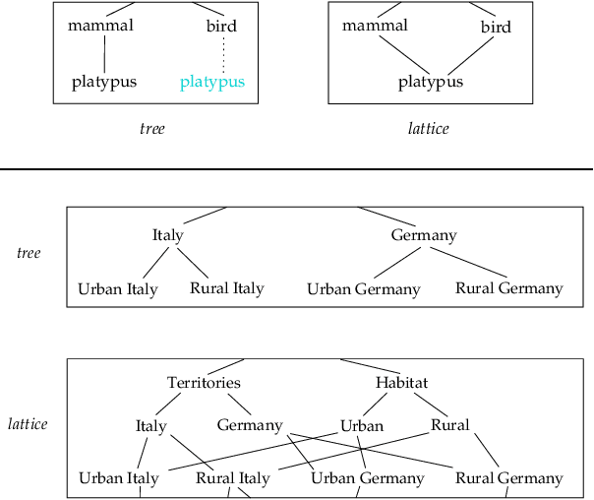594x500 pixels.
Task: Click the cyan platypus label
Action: coord(211,83)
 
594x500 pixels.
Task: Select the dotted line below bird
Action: coord(223,54)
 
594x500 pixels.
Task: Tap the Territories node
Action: coord(204,383)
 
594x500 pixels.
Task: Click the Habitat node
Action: coord(401,383)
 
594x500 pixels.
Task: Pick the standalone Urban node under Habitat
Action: coord(361,426)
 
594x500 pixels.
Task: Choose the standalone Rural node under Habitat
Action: coord(450,425)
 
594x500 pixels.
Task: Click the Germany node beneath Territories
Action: coord(250,425)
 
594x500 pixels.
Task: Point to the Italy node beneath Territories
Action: coord(150,426)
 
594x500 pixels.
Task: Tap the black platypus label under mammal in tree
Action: coord(103,83)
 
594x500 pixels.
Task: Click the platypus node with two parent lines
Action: coord(430,83)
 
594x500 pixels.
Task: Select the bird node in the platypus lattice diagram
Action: coord(496,28)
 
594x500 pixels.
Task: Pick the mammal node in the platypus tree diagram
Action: coord(100,26)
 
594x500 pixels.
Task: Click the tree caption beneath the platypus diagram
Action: coord(151,128)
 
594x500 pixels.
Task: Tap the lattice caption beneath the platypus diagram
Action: coord(429,128)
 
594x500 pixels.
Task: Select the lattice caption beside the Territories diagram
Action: coord(28,424)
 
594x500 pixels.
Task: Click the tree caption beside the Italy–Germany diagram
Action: coord(29,253)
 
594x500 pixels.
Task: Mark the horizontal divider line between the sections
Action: coord(295,169)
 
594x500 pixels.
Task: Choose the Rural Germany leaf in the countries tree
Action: coord(508,288)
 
